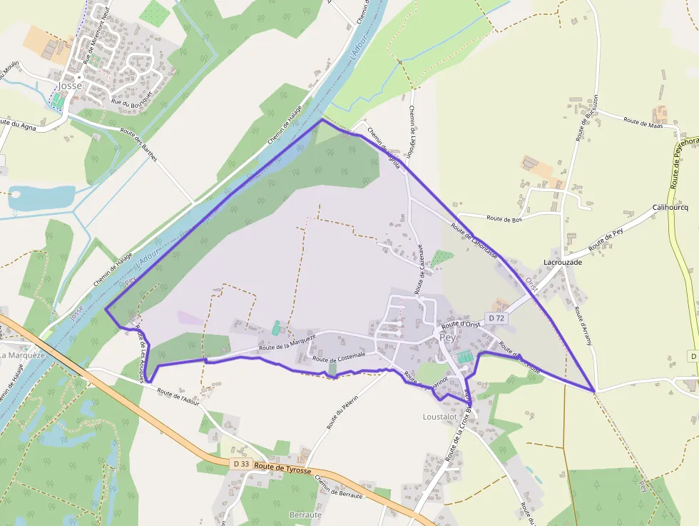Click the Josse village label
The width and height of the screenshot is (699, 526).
pyautogui.click(x=71, y=86)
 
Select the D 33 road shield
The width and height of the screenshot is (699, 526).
pyautogui.click(x=240, y=464)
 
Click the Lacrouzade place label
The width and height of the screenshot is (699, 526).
pyautogui.click(x=563, y=262)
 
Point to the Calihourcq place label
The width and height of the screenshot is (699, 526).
pyautogui.click(x=670, y=208)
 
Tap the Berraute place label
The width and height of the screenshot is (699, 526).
pyautogui.click(x=305, y=515)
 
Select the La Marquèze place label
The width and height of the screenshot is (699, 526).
pyautogui.click(x=23, y=355)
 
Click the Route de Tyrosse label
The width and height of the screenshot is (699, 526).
pyautogui.click(x=282, y=469)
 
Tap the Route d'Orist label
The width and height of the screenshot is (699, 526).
pyautogui.click(x=462, y=324)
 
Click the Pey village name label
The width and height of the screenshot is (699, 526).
pyautogui.click(x=447, y=338)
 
